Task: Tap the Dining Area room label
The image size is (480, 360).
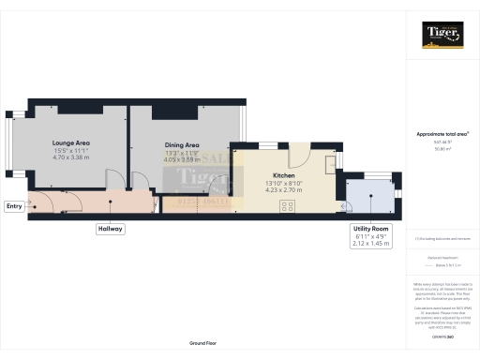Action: [182, 145]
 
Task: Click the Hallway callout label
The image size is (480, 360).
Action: [110, 229]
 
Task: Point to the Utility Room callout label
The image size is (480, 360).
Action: [370, 229]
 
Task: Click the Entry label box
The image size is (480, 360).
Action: [14, 206]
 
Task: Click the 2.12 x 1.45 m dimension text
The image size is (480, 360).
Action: [370, 246]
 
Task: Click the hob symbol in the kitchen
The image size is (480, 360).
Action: [284, 205]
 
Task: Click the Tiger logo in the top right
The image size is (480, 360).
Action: [442, 35]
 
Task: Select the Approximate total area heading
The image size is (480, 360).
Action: [442, 134]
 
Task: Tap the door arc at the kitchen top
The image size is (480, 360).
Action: [299, 155]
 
